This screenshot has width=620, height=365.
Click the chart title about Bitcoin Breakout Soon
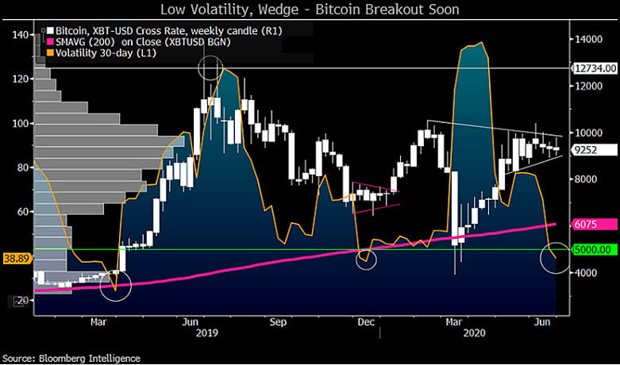(x=310, y=10)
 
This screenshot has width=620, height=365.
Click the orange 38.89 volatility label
(x=16, y=259)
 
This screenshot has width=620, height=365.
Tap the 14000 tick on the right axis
(x=589, y=38)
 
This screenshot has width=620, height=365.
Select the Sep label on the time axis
(x=277, y=323)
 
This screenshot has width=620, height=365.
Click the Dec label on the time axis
(x=366, y=323)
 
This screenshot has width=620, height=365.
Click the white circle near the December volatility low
(x=366, y=259)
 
